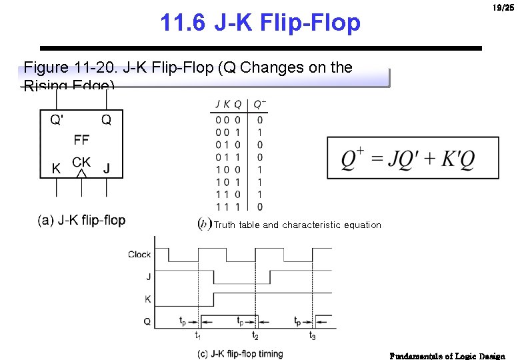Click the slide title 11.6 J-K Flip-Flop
260,23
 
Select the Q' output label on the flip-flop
57,121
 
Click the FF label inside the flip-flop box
81,140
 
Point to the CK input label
81,162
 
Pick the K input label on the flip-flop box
56,169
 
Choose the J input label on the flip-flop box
107,169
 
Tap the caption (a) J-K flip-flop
81,220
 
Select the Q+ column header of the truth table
259,104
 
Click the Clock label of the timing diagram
139,254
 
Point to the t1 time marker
199,335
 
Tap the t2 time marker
255,335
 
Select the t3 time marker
312,335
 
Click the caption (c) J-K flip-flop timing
239,354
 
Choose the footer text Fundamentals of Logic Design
447,356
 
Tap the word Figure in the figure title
45,67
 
